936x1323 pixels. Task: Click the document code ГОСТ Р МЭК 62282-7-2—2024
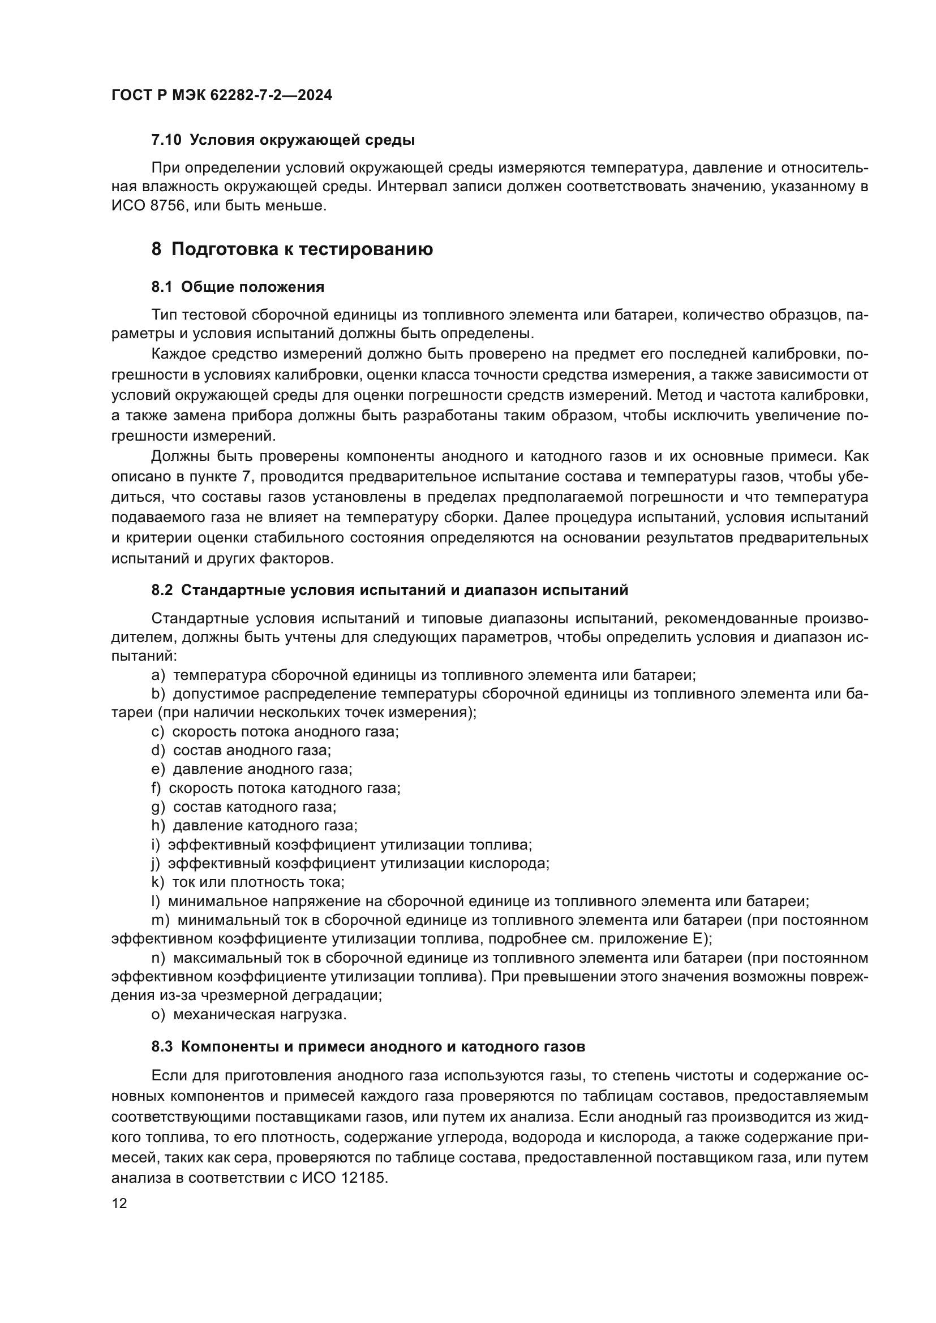point(221,96)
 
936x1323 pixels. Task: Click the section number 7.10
point(166,140)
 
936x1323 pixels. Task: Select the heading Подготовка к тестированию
point(302,249)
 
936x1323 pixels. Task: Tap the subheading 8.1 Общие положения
point(238,287)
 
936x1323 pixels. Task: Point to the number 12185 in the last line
point(364,1177)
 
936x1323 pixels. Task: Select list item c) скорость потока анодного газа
point(275,732)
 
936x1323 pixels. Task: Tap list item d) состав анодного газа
point(241,750)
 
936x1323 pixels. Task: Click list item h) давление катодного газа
point(254,826)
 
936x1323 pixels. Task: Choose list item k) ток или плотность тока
point(248,882)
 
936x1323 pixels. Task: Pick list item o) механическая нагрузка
point(249,1014)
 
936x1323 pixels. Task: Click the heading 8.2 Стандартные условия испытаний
point(389,590)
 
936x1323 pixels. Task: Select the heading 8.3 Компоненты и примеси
point(368,1047)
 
